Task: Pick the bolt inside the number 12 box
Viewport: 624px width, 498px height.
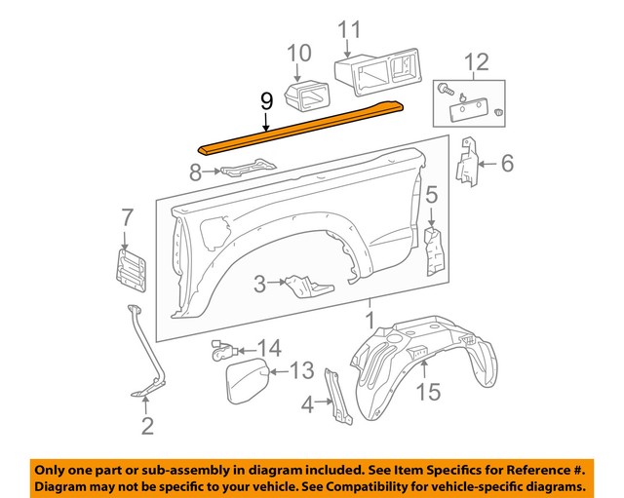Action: tap(448, 89)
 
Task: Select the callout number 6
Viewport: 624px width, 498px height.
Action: tap(506, 165)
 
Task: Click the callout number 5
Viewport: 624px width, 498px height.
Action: tap(430, 196)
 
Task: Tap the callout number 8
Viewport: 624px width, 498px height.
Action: tap(195, 172)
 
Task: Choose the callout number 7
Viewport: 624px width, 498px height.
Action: tap(126, 216)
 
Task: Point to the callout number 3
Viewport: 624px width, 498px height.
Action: tap(258, 284)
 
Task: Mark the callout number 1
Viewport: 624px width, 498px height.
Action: tap(370, 320)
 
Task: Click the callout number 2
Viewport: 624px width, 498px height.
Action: tap(147, 425)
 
